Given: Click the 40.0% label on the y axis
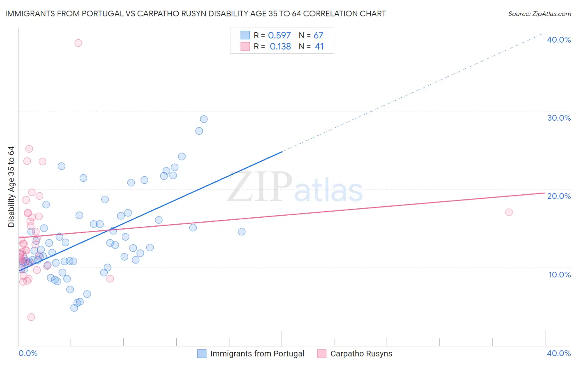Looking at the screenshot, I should pos(558,40).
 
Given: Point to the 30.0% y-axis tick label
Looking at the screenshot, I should pos(558,118).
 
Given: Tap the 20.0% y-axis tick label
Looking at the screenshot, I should pos(558,196).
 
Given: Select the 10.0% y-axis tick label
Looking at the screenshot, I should pos(559,275).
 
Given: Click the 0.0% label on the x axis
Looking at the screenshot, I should pos(28,353).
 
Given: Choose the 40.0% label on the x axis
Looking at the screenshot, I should pos(558,353).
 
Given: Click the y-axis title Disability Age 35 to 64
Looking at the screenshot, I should pos(11,187).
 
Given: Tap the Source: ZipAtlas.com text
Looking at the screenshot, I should pos(539,14).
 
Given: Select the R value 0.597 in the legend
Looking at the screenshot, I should pos(279,36).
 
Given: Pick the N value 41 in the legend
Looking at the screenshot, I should pos(319,47).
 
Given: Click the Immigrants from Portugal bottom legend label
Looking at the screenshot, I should pos(257,354).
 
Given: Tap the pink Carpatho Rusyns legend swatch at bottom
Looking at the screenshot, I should pos(322,354).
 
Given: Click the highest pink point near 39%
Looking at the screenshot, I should pos(78,43).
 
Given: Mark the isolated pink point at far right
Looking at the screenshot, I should pos(509,212).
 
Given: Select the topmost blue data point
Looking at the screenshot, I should pos(204,119).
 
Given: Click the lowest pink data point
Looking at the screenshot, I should pos(31,317).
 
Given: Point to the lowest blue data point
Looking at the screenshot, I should pos(74,308).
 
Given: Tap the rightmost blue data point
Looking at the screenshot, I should pos(242,232).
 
